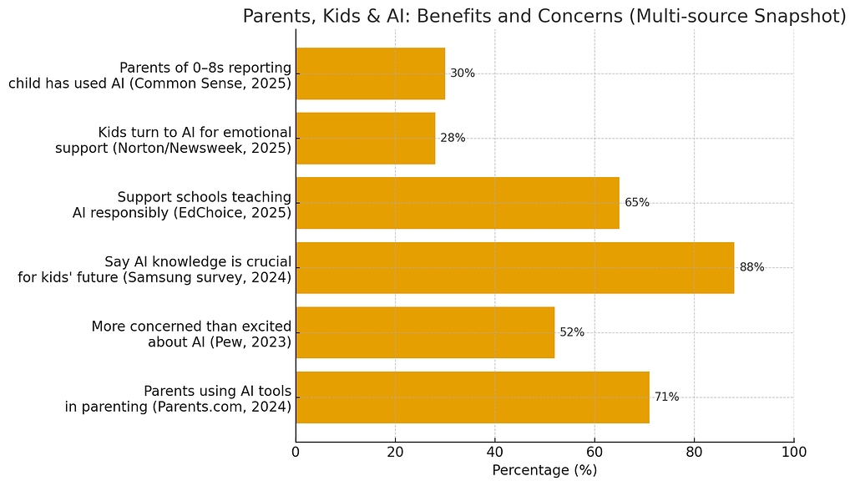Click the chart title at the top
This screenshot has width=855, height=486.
[x=544, y=16]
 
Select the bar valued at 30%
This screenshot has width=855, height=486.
[x=370, y=73]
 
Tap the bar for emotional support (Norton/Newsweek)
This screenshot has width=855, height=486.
[x=365, y=139]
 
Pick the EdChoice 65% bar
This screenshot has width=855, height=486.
[x=457, y=203]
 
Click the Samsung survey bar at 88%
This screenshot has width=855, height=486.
[x=514, y=268]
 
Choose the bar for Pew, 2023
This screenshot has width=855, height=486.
[x=424, y=332]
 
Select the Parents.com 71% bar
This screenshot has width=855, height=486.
[x=472, y=397]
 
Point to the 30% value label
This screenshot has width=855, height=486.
[x=463, y=73]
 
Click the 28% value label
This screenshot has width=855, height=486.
[x=453, y=139]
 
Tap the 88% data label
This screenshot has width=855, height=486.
[x=751, y=268]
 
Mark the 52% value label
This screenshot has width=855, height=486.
[x=572, y=332]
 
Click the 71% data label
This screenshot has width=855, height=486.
[x=666, y=397]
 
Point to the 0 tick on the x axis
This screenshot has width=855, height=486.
[x=296, y=452]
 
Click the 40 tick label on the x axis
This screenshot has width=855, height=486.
[x=495, y=452]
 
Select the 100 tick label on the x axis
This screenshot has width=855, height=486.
[x=793, y=452]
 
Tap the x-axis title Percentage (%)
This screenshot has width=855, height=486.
[x=544, y=470]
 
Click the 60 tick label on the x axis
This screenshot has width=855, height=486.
[x=594, y=452]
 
